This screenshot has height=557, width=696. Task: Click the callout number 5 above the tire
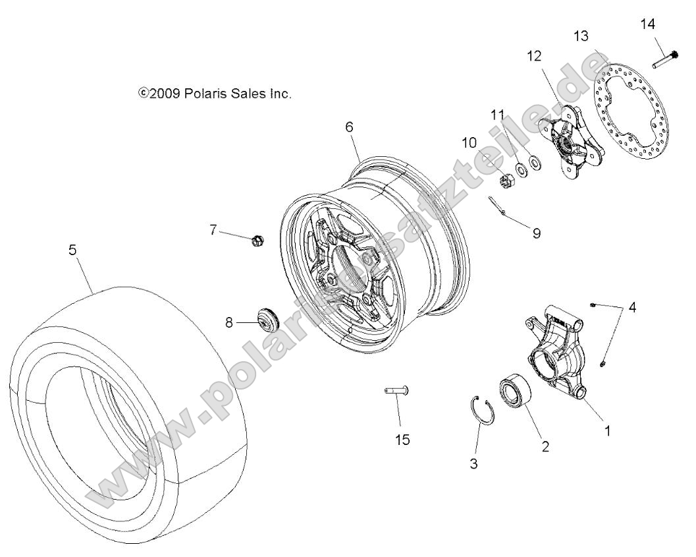pos(72,250)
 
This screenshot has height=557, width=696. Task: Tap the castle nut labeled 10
pos(488,179)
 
